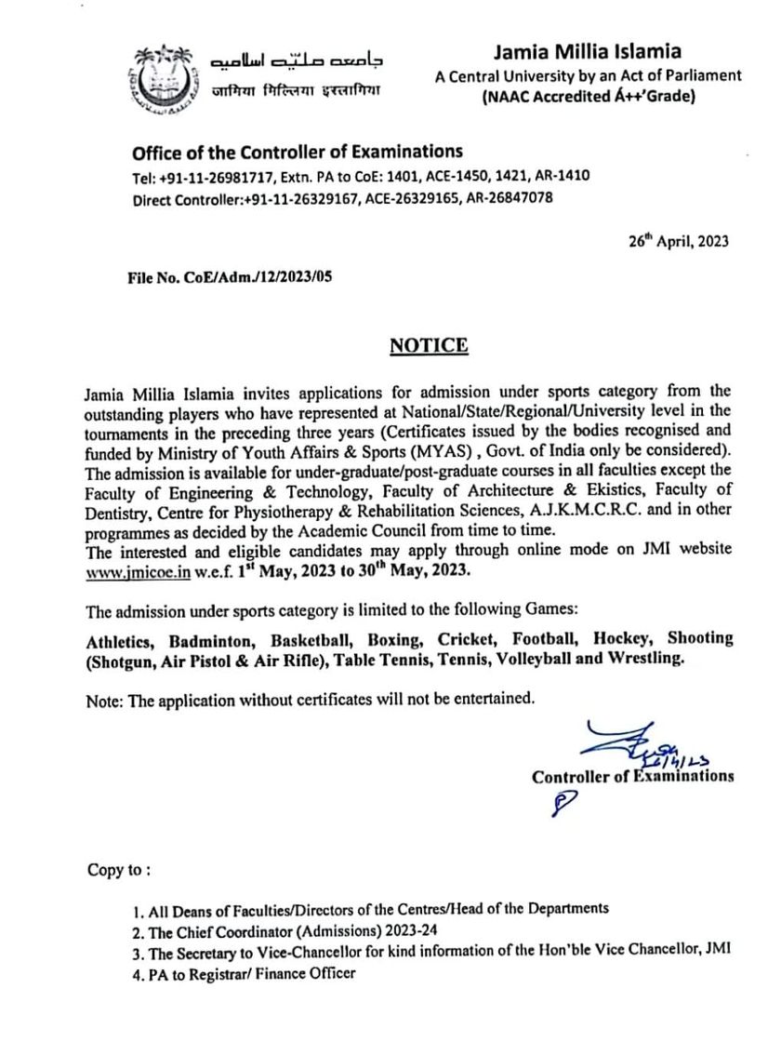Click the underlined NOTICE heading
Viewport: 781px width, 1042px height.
coord(429,346)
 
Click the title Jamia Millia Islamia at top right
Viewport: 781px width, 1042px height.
coord(587,52)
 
